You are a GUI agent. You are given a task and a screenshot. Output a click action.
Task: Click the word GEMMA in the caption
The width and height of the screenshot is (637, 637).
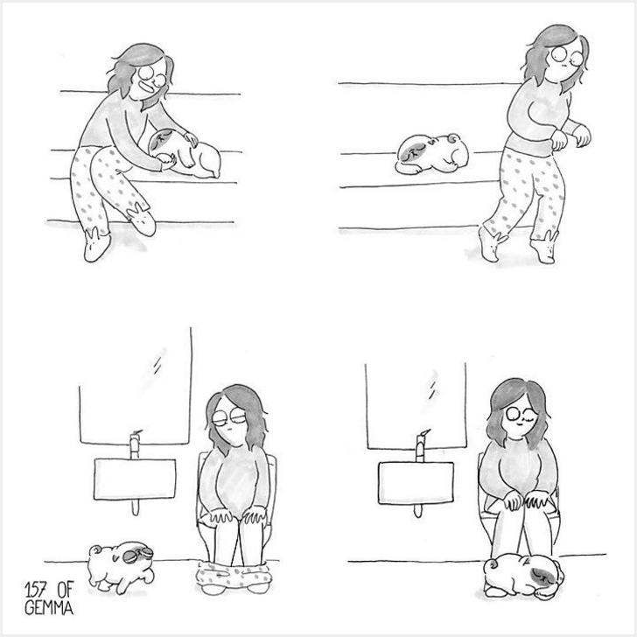(x=49, y=607)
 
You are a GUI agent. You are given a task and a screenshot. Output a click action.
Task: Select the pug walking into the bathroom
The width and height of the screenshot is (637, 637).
(x=121, y=568)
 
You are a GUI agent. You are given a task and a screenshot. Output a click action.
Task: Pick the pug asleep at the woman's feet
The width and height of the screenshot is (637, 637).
(x=524, y=575)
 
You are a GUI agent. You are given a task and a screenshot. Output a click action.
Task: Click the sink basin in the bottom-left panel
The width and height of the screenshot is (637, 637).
(x=135, y=479)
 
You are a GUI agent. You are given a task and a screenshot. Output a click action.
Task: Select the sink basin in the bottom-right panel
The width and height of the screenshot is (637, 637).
(x=416, y=483)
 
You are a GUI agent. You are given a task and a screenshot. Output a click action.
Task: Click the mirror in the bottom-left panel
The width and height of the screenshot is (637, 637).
(x=136, y=386)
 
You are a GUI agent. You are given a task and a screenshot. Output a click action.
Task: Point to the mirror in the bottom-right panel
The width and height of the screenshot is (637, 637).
(x=416, y=406)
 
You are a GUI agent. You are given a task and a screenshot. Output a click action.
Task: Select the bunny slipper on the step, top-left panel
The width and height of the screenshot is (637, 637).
(x=142, y=220)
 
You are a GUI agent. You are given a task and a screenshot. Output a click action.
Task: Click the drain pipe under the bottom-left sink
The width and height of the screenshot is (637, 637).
(x=136, y=507)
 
